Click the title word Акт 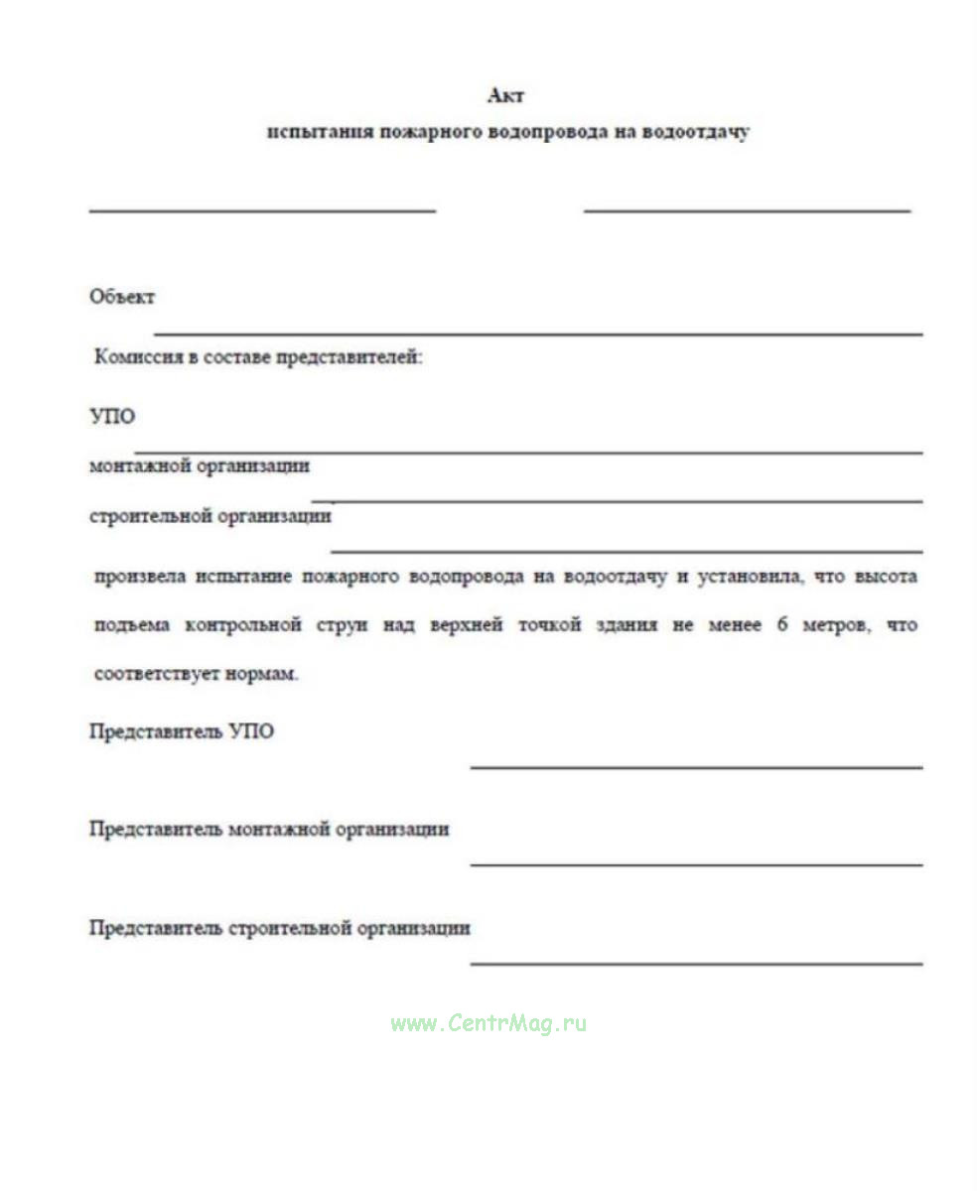pos(505,96)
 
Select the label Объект pos(122,297)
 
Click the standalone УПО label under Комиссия pos(111,417)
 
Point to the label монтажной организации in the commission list pos(200,465)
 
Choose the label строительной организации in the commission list pos(210,516)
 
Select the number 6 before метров pos(782,626)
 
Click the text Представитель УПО pos(182,732)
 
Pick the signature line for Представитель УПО pos(695,767)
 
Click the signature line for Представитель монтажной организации pos(695,864)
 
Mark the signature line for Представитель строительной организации pos(695,963)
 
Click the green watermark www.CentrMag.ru pos(488,1023)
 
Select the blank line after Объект pos(536,334)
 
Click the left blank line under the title pos(262,210)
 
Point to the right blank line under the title pos(747,210)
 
